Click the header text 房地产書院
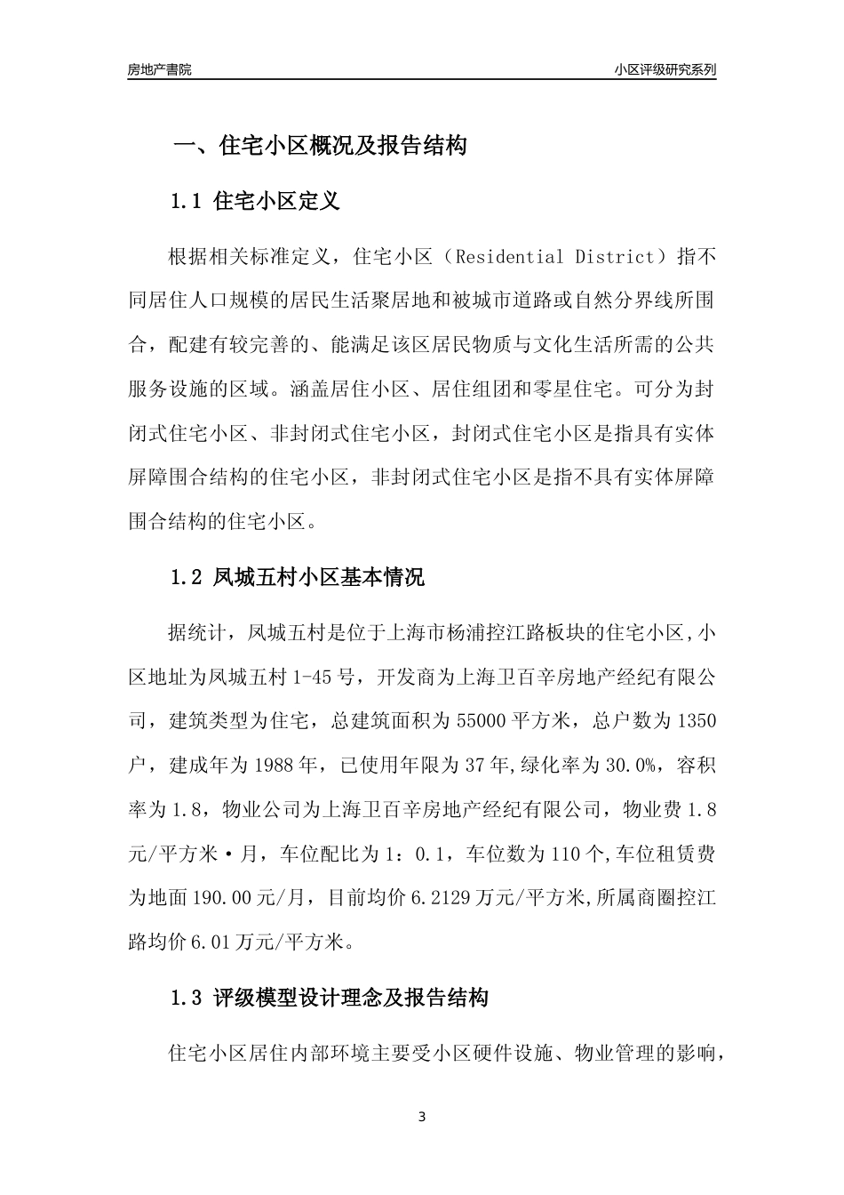pos(159,69)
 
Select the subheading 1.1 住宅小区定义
pos(255,201)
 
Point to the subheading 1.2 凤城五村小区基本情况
pos(298,577)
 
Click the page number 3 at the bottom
pos(422,1117)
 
